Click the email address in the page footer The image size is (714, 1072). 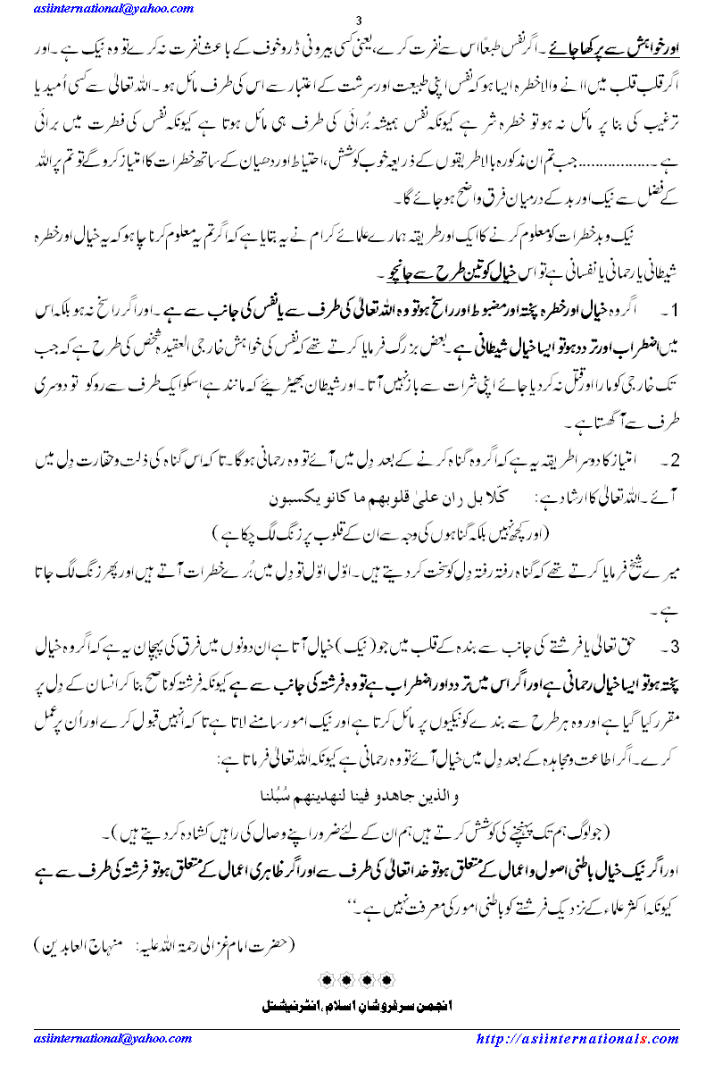[93, 1039]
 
